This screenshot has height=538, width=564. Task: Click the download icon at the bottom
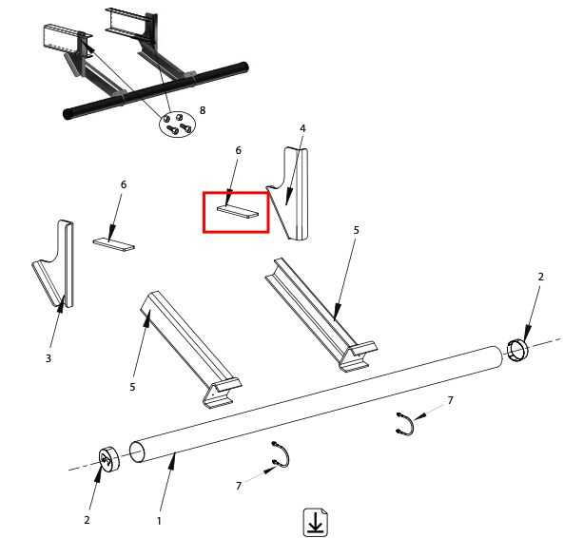point(316,521)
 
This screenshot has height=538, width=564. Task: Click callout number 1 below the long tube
point(159,521)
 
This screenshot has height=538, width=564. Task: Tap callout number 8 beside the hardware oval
point(203,110)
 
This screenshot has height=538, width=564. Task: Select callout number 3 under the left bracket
point(49,358)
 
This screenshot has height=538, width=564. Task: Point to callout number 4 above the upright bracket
point(302,128)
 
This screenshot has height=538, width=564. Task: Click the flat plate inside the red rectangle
point(238,211)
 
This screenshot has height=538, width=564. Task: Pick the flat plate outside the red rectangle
point(114,245)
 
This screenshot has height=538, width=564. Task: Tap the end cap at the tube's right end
point(517,350)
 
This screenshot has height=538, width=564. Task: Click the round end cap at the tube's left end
point(108,460)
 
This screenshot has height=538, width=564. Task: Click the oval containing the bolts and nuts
point(177,124)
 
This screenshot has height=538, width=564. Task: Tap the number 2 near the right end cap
point(540,277)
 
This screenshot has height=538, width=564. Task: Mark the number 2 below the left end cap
point(87,520)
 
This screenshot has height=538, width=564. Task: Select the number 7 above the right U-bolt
point(450,400)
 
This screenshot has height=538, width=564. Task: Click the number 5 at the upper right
point(356,230)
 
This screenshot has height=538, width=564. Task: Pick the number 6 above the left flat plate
point(124,184)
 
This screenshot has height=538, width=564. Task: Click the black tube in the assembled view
point(155,91)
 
